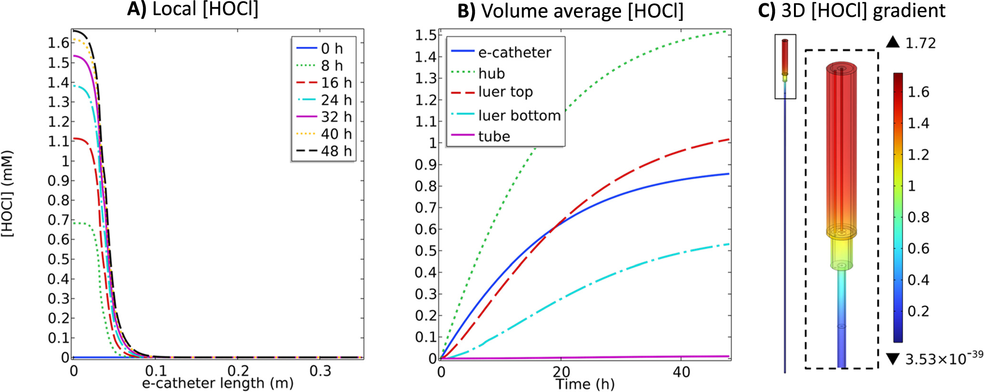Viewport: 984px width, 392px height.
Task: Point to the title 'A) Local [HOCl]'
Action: pos(193,10)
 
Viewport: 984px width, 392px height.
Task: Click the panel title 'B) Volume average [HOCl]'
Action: pos(570,11)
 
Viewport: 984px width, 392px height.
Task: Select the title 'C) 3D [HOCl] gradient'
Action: pos(852,11)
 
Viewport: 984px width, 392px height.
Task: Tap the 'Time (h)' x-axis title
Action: pos(585,384)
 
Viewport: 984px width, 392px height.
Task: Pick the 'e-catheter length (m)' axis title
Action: pos(218,383)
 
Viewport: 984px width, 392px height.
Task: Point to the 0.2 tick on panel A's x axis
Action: pos(238,371)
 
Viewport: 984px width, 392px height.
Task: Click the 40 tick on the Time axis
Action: pos(682,372)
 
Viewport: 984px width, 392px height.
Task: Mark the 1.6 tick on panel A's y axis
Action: pos(58,43)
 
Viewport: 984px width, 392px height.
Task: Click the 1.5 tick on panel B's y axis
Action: pos(426,35)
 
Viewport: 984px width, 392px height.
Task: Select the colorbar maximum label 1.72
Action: pos(920,43)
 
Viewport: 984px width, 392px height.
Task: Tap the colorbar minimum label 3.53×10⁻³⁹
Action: pos(943,358)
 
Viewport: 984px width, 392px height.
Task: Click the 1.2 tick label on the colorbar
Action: pos(918,155)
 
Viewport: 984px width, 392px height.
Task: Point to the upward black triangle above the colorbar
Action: pos(893,42)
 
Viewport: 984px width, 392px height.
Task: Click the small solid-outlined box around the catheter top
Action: pos(785,66)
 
